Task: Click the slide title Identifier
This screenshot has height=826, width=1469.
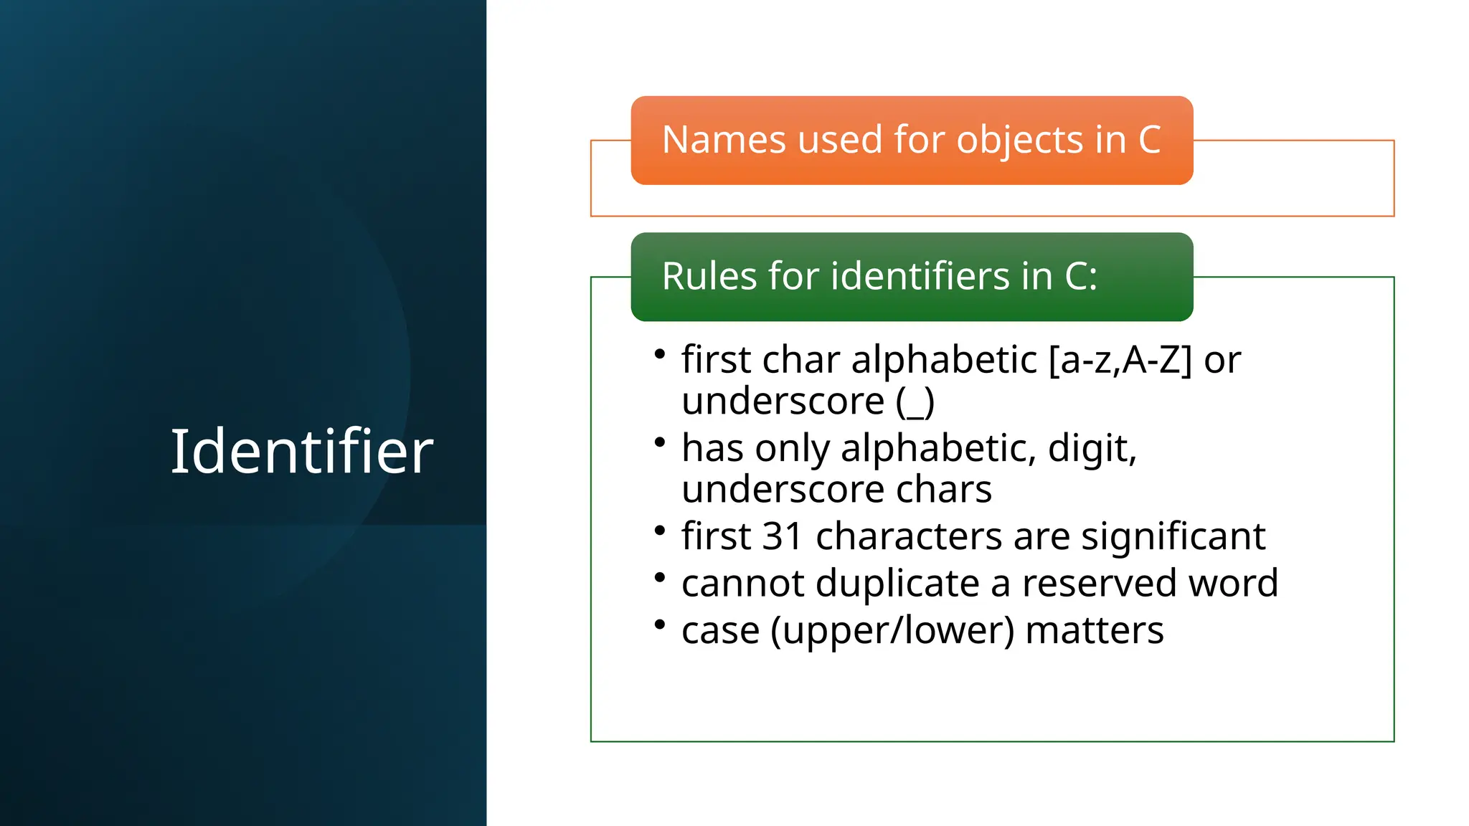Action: coord(302,451)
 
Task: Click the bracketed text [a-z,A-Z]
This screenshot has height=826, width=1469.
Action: coord(1120,359)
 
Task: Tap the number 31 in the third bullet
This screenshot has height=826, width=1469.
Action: coord(782,536)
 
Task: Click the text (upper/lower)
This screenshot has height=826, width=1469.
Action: coord(892,631)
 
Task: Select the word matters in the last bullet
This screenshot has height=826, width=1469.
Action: coord(1095,631)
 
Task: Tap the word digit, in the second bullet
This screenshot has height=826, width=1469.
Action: coord(1092,449)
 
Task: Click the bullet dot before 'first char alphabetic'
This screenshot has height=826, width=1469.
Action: coord(660,353)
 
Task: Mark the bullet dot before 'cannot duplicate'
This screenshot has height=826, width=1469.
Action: coord(660,577)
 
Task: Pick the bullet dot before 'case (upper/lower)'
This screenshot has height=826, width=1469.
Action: coord(660,625)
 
